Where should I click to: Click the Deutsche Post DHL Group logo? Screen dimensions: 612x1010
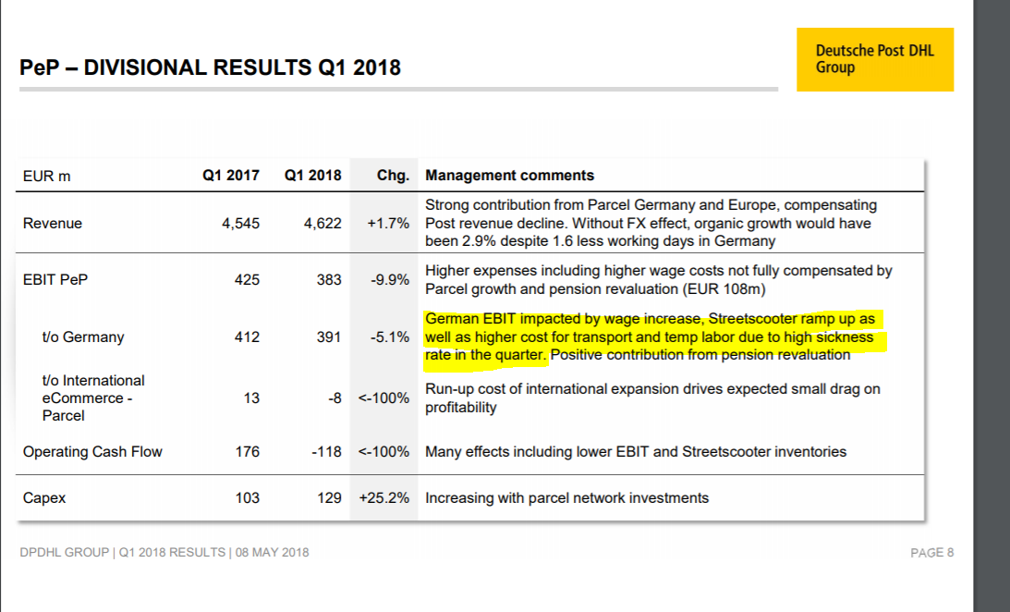click(874, 59)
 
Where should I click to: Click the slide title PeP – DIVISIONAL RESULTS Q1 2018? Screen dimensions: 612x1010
click(210, 67)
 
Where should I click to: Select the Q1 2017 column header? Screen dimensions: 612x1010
click(231, 176)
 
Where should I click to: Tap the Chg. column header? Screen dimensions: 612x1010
click(393, 176)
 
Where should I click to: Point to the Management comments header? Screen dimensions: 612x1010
click(509, 176)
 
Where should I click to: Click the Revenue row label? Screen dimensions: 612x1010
click(53, 224)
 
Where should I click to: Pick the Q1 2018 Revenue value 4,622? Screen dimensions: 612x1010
click(322, 224)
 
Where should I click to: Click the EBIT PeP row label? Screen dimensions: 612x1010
click(55, 279)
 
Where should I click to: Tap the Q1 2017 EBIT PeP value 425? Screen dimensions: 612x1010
click(248, 279)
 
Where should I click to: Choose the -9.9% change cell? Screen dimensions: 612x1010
click(389, 279)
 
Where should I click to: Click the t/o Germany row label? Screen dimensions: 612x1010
click(83, 337)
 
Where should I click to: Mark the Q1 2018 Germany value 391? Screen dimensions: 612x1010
click(329, 337)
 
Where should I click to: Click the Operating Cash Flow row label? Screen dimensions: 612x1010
click(92, 452)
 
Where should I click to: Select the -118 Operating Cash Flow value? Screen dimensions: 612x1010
click(326, 452)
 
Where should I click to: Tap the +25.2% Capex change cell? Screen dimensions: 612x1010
click(383, 498)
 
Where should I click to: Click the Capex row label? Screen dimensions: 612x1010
click(44, 498)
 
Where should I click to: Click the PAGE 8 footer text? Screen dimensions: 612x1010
click(931, 553)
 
